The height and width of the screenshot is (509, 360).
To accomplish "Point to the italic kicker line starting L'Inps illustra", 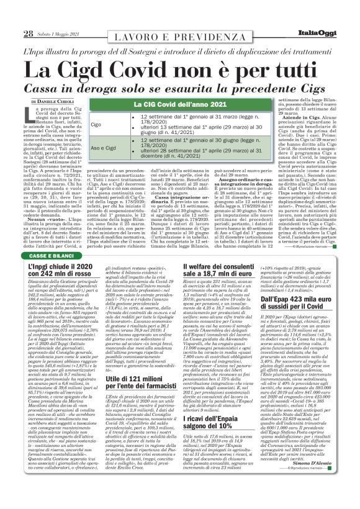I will [x=179, y=49].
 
